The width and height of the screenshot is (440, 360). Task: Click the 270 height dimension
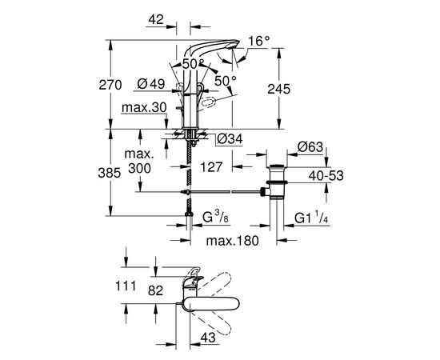[x=110, y=85]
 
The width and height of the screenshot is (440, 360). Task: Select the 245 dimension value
[x=279, y=90]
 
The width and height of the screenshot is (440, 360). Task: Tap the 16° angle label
[x=259, y=42]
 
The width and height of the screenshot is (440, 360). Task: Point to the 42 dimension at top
[x=156, y=19]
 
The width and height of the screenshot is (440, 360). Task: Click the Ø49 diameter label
[x=151, y=84]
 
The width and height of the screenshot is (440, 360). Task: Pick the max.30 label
[x=144, y=107]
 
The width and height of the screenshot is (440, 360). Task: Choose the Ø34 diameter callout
[x=230, y=138]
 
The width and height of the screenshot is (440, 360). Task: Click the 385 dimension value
[x=110, y=173]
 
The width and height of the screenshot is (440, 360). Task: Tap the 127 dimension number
[x=211, y=167]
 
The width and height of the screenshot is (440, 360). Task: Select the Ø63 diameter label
[x=310, y=147]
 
